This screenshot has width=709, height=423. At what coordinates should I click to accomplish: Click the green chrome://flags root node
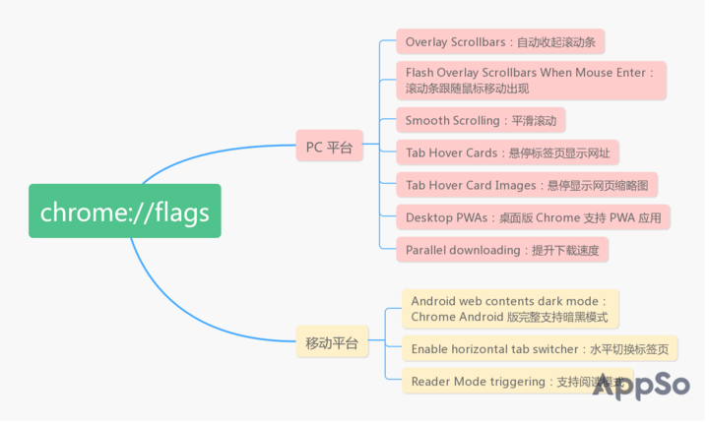point(124,211)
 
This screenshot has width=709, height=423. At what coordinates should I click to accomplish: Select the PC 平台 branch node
point(329,148)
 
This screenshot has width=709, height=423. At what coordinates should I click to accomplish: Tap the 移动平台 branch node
point(331,343)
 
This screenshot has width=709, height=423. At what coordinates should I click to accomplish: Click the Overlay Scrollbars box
point(500,42)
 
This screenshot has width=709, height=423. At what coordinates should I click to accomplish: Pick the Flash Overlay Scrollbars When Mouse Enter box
point(531,80)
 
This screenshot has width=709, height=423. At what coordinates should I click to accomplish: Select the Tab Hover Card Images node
point(526,185)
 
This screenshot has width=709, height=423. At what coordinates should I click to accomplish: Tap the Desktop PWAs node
point(533,217)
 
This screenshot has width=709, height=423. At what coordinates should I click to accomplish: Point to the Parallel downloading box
point(502,250)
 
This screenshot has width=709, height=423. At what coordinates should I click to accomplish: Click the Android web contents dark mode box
point(510,308)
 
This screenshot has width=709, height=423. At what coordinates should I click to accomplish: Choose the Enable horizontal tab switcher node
point(540,348)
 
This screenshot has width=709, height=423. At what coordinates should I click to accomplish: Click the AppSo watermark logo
point(640,385)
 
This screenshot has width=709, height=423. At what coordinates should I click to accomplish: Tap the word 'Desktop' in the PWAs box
point(430,217)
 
